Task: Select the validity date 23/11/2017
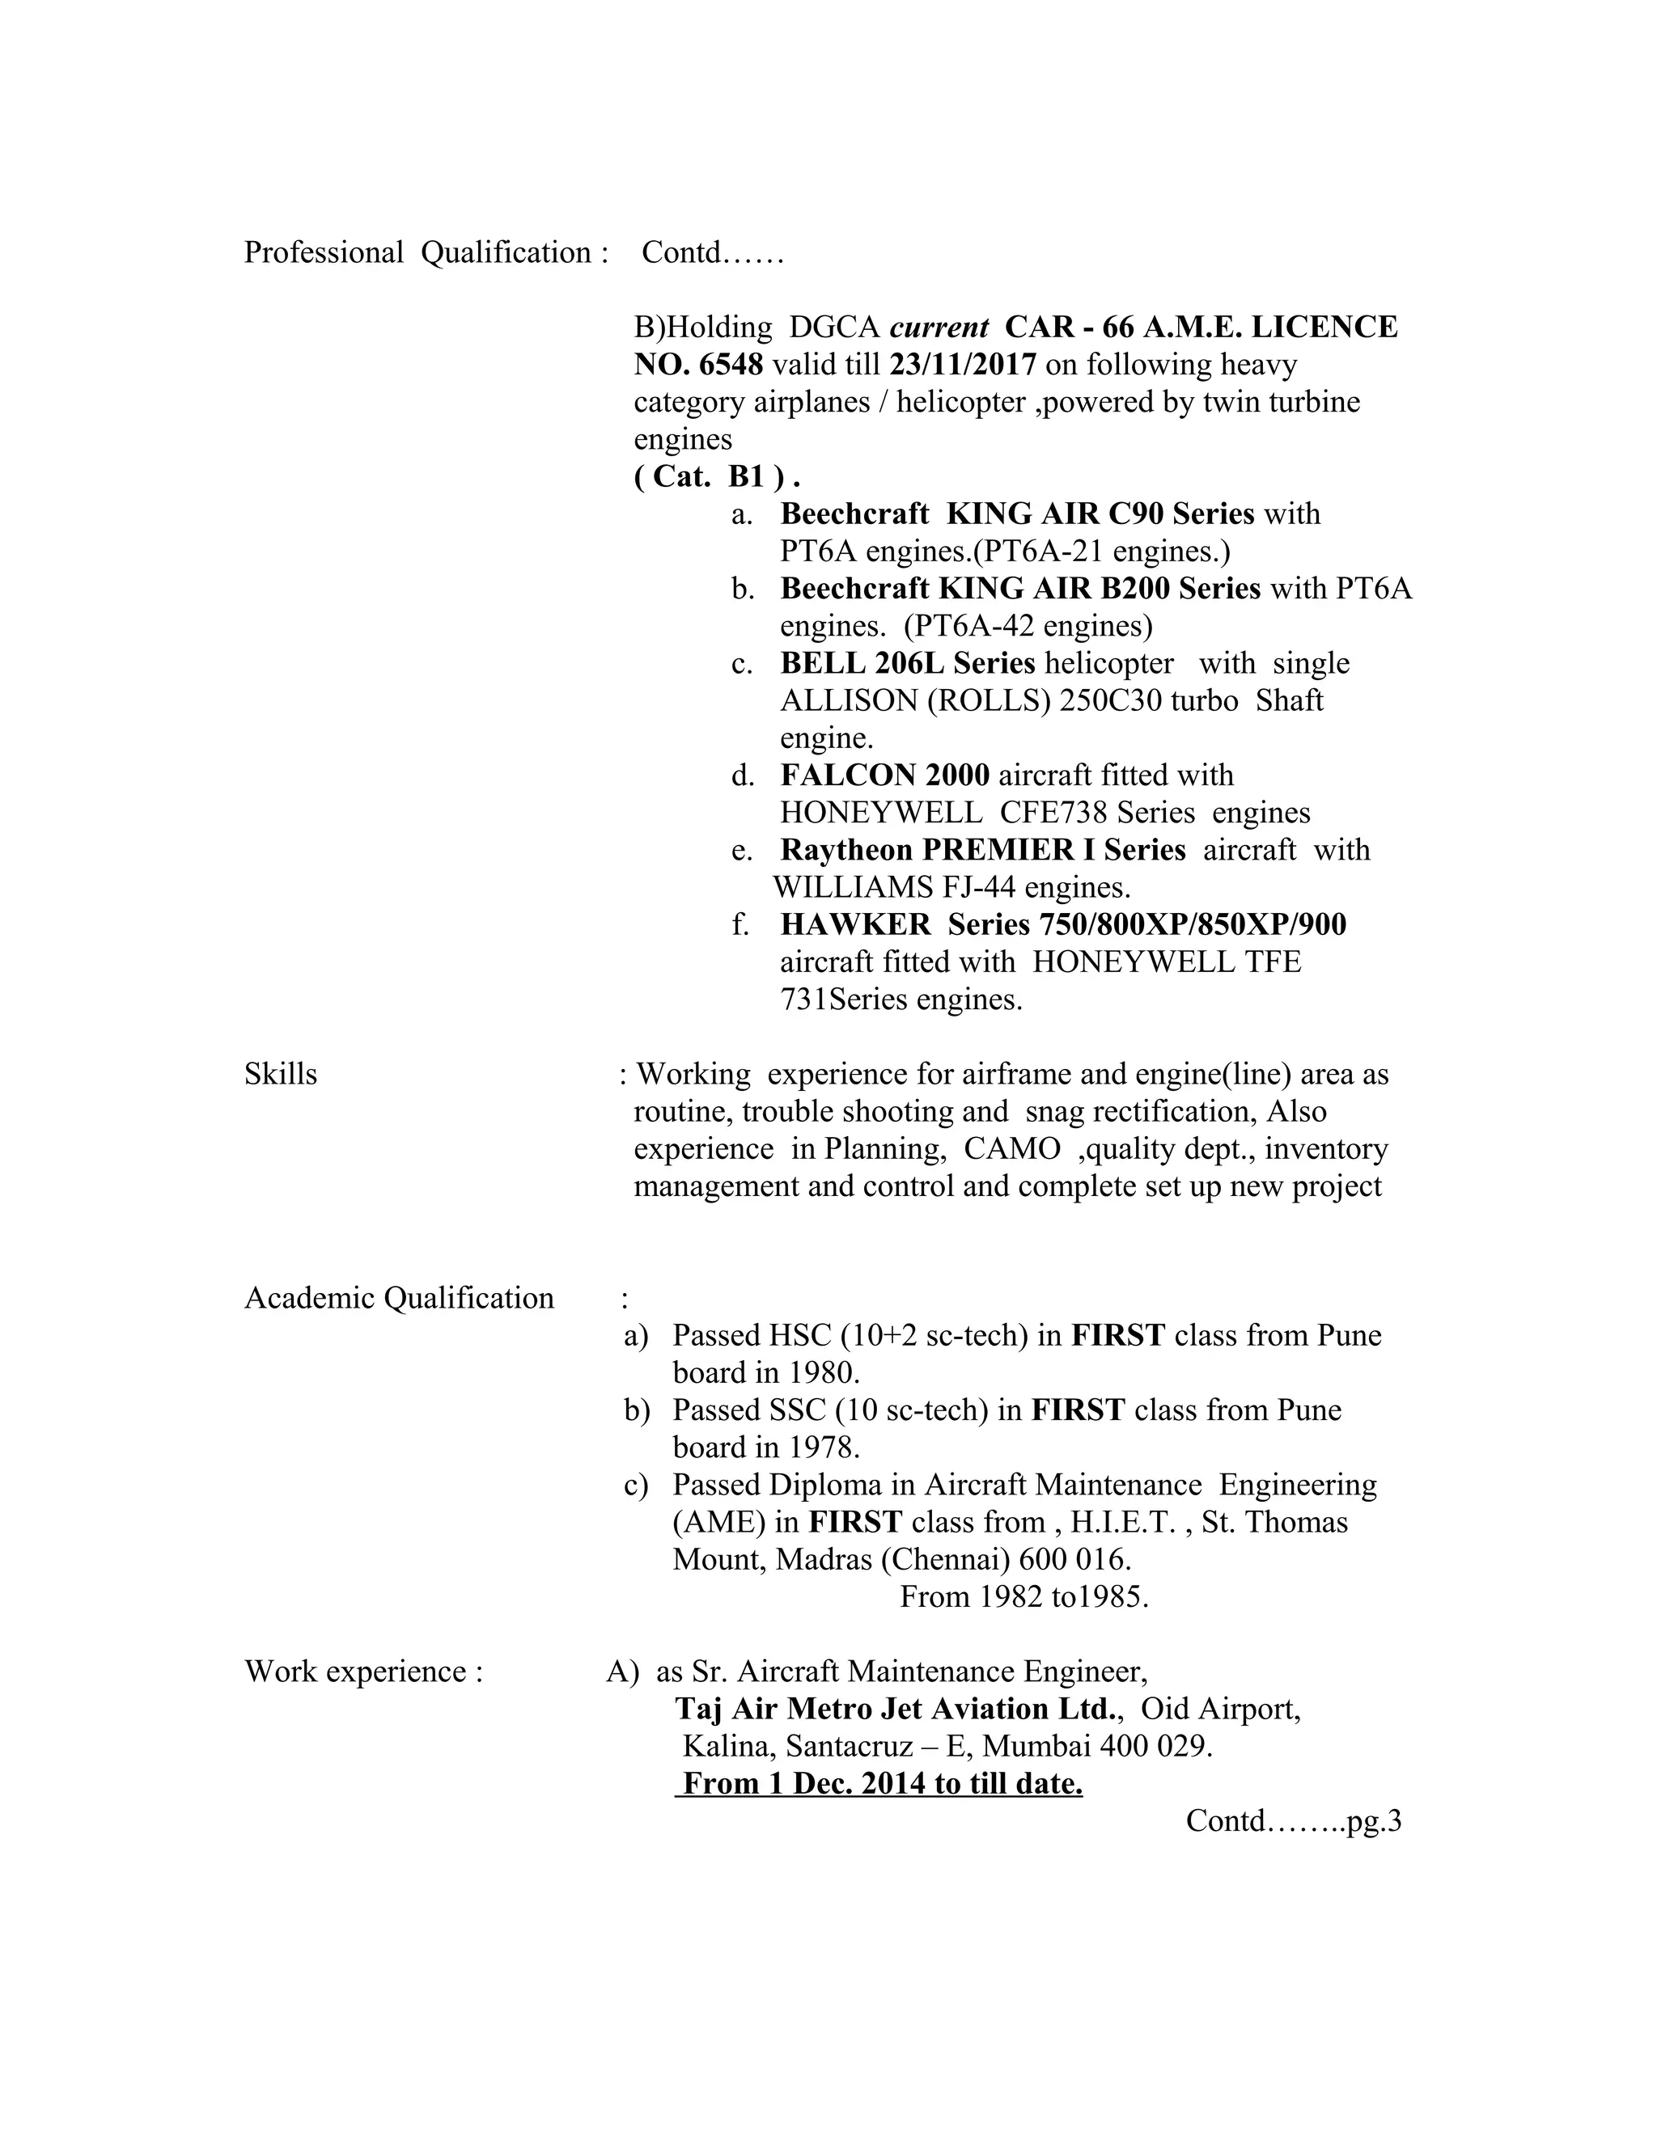pos(963,365)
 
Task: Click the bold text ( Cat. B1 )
pos(717,477)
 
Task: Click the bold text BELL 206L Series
pos(907,663)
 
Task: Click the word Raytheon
pos(846,850)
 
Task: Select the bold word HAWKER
pos(855,924)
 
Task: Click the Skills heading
pos(281,1075)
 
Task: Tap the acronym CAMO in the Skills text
pos(1012,1149)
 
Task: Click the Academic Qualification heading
pos(399,1298)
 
